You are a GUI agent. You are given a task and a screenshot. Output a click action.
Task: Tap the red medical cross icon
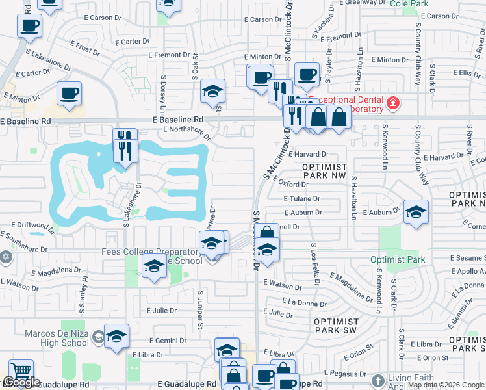pyautogui.click(x=392, y=103)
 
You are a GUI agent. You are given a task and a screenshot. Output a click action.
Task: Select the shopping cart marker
pyautogui.click(x=21, y=371)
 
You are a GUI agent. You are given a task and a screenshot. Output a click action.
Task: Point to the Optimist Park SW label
pyautogui.click(x=336, y=326)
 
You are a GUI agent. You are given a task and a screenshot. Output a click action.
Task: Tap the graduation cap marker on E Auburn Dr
pyautogui.click(x=416, y=211)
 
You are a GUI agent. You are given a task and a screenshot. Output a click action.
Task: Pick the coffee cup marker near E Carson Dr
pyautogui.click(x=29, y=26)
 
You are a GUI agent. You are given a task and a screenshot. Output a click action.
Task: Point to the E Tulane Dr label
pyautogui.click(x=301, y=199)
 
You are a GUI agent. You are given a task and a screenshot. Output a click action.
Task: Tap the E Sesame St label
pyautogui.click(x=466, y=258)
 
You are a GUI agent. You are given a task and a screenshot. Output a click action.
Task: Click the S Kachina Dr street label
pyautogui.click(x=318, y=21)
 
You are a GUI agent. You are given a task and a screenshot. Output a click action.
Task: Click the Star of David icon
pyautogui.click(x=6, y=257)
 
